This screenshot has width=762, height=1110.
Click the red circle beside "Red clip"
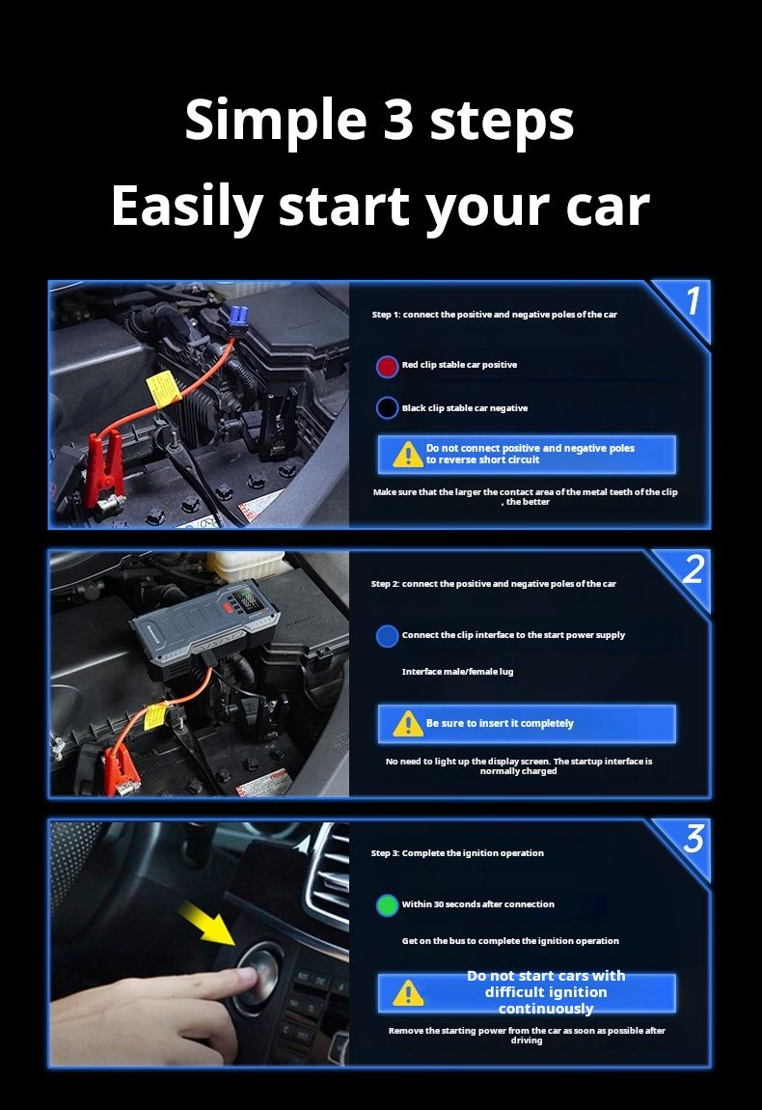pyautogui.click(x=387, y=366)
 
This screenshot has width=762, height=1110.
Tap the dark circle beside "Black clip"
pyautogui.click(x=387, y=407)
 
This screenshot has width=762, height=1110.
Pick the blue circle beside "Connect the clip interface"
pyautogui.click(x=387, y=636)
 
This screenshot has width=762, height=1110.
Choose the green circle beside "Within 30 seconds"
pyautogui.click(x=387, y=904)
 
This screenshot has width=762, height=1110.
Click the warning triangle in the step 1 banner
pyautogui.click(x=408, y=455)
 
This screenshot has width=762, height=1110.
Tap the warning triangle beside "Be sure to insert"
pyautogui.click(x=408, y=724)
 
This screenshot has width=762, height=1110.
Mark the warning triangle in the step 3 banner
pyautogui.click(x=408, y=993)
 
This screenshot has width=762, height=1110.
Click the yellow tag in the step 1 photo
pyautogui.click(x=162, y=389)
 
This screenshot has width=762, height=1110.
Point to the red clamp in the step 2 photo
pyautogui.click(x=121, y=768)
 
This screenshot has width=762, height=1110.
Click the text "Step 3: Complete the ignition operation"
pyautogui.click(x=457, y=853)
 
